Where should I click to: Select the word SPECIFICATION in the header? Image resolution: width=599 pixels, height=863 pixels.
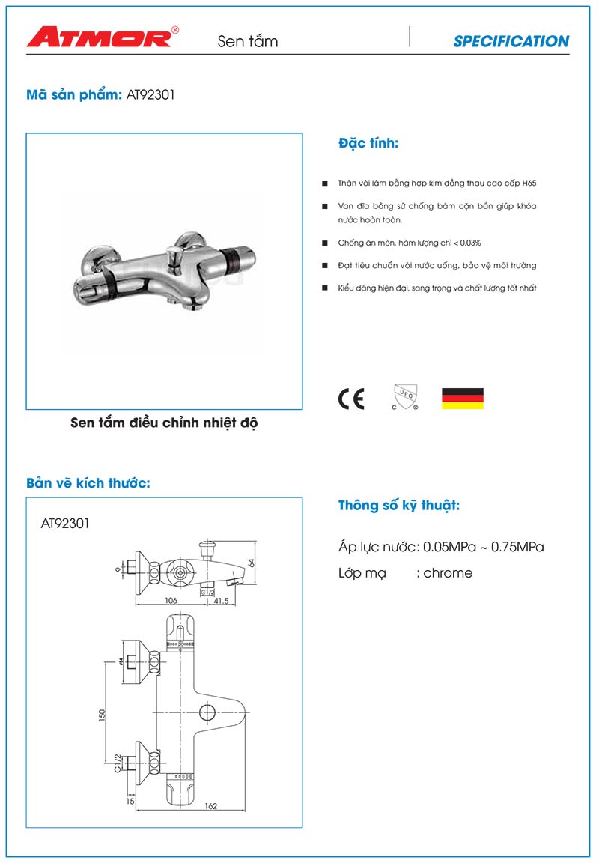pos(511,42)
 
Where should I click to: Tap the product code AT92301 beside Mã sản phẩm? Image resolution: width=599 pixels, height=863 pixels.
pos(151,96)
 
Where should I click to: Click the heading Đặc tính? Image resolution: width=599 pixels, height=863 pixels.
pos(368,143)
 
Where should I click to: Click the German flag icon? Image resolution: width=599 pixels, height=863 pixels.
pos(462,399)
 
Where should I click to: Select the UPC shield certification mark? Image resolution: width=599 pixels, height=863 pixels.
pos(404,398)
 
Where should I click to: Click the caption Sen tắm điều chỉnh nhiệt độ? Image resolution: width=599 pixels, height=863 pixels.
pos(164,423)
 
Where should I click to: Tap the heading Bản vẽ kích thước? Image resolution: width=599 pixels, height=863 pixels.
pos(88,483)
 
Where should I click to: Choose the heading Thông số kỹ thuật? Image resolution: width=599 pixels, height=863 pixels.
pos(399,506)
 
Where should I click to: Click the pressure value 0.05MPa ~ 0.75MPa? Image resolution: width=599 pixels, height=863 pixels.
pos(484,547)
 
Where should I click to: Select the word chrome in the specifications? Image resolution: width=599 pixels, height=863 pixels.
pos(448,573)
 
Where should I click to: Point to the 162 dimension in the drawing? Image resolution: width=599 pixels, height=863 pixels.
pos(210,806)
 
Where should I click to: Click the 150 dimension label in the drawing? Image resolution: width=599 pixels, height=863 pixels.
pos(103,716)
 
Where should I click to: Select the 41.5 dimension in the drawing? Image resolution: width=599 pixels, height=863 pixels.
pos(221,601)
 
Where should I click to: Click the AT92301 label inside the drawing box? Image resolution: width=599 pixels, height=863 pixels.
pos(65,524)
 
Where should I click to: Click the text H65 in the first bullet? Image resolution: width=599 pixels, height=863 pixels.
pos(529,184)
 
